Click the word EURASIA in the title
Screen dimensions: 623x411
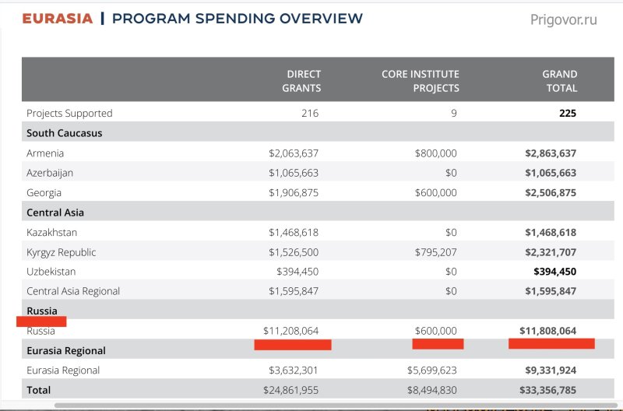click(58, 19)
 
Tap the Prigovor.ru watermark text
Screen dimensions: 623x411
click(563, 20)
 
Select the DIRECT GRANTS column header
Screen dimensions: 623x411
click(301, 81)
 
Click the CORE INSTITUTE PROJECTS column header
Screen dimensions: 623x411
click(421, 81)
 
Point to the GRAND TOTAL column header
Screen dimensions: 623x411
click(560, 81)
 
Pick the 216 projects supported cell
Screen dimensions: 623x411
click(310, 113)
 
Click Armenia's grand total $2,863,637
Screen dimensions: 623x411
click(551, 153)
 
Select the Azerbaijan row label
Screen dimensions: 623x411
click(50, 173)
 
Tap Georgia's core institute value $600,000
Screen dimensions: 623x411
click(436, 192)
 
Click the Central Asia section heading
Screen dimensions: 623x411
click(55, 213)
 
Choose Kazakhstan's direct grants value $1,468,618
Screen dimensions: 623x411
click(294, 232)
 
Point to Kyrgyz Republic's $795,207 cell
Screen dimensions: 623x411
click(436, 252)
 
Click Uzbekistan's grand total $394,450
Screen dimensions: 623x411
click(554, 272)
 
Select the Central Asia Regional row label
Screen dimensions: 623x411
click(73, 291)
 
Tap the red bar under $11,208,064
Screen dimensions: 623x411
click(293, 345)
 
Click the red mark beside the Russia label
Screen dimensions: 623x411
click(41, 321)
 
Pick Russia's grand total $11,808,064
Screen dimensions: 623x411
click(548, 331)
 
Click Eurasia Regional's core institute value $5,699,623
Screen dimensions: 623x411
click(432, 371)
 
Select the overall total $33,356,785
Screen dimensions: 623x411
click(548, 390)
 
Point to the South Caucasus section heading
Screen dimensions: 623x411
click(65, 133)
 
